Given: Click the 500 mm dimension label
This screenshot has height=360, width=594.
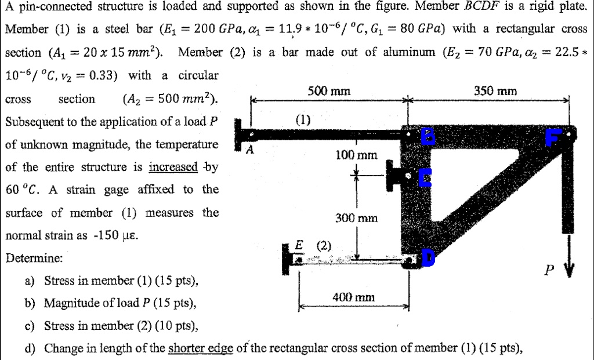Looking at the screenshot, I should [x=329, y=92].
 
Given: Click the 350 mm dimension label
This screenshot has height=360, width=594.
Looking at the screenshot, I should [x=496, y=92].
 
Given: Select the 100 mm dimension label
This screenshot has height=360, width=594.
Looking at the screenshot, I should [x=356, y=155].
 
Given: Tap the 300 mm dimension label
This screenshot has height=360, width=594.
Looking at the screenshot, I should [x=357, y=218].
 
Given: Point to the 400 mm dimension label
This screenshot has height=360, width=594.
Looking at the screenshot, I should [x=353, y=297].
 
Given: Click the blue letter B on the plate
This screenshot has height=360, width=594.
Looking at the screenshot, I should [x=427, y=137].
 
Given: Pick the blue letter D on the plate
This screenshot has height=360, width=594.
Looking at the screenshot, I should [x=428, y=259].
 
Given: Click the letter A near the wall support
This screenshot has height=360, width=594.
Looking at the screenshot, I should [x=250, y=150].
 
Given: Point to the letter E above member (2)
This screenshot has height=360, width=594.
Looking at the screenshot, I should [x=299, y=245].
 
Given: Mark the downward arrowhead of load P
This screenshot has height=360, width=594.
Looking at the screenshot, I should [x=569, y=270].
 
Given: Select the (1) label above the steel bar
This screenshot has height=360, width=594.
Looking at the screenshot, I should [x=303, y=120].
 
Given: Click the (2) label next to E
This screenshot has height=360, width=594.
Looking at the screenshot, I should [x=324, y=245].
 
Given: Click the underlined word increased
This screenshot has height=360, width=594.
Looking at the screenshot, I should [x=173, y=167].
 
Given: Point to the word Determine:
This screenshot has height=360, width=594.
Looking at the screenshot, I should [x=34, y=258].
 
